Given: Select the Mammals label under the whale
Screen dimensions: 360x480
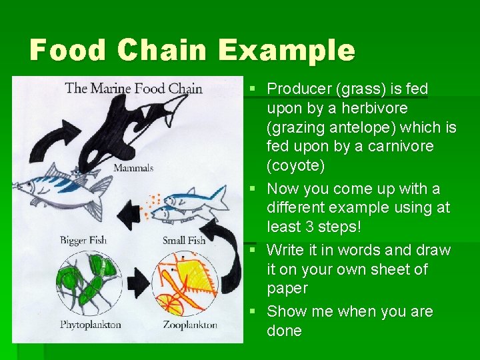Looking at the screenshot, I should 133,168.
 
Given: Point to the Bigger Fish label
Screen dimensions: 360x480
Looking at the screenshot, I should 83,240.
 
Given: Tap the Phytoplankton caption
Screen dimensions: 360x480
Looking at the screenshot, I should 90,325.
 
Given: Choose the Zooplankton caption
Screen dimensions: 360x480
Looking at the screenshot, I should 190,325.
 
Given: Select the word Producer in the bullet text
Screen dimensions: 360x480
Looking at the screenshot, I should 297,89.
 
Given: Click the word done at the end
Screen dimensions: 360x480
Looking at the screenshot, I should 284,331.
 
